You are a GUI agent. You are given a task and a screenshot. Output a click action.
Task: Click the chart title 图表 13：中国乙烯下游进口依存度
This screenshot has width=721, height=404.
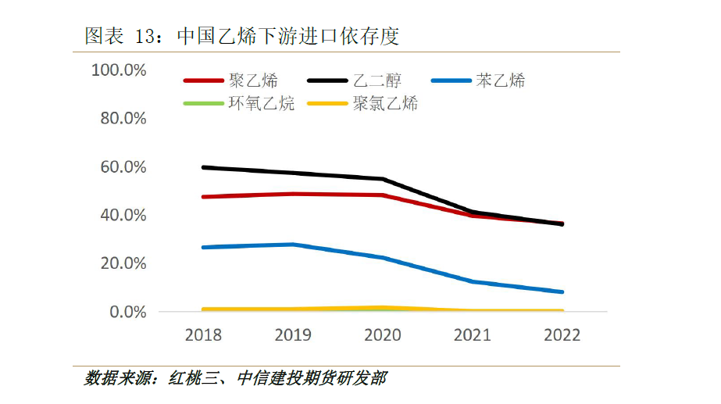coord(241,36)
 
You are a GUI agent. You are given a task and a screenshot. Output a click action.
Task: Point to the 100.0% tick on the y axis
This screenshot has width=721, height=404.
coord(119,70)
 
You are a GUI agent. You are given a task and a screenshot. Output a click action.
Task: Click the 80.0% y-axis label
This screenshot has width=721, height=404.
coord(123,119)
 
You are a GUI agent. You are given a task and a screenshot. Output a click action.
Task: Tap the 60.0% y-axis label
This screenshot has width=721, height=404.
coord(123,167)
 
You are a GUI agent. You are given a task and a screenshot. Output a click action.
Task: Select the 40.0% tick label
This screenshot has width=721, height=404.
coord(123,215)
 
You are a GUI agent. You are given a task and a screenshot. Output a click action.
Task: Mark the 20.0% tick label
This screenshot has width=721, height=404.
coord(123,263)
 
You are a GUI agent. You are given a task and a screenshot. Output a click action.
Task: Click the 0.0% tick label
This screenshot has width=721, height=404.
coord(127,312)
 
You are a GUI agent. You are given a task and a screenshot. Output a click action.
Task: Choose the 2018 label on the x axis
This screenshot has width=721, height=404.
coord(203,335)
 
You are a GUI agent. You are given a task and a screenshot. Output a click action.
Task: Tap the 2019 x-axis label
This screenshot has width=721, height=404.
coord(293,335)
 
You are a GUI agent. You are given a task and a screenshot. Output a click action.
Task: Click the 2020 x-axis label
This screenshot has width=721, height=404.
coord(383,335)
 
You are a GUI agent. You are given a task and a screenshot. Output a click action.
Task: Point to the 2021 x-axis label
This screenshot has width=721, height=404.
coord(473,335)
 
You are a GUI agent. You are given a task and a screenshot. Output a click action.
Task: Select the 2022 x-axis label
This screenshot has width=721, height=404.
coord(562,335)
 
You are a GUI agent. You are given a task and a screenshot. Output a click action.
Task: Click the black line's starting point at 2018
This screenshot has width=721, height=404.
coord(203,167)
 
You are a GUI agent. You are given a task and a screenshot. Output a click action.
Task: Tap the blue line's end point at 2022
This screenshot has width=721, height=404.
coord(562,292)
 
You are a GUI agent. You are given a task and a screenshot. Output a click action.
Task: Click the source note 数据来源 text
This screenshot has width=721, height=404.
coord(235,379)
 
